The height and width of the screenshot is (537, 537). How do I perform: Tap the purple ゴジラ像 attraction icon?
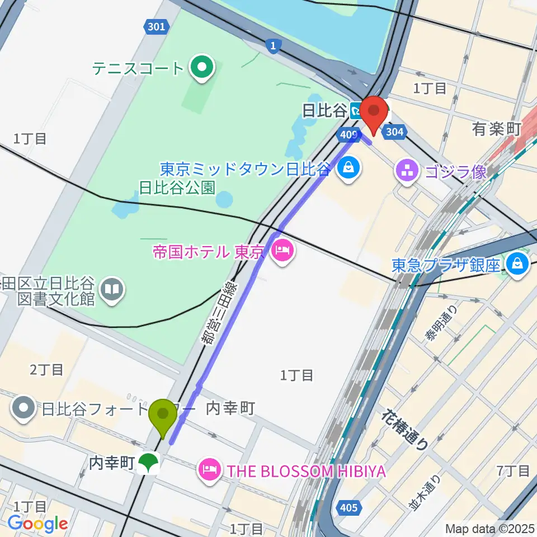pos(408,172)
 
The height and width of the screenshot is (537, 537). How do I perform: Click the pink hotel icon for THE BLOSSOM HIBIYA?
pos(210,470)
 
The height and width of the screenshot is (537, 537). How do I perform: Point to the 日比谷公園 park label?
pos(177,187)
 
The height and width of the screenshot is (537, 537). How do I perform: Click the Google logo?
pos(37,524)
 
